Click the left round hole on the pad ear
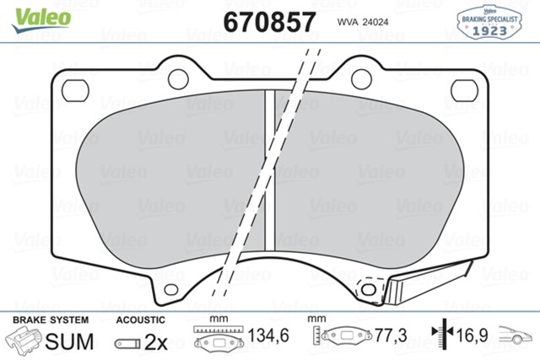click(178, 79)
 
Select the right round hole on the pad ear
click(361, 79)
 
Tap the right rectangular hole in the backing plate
click(463, 87)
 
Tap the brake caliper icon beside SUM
click(25, 341)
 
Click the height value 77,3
click(389, 336)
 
